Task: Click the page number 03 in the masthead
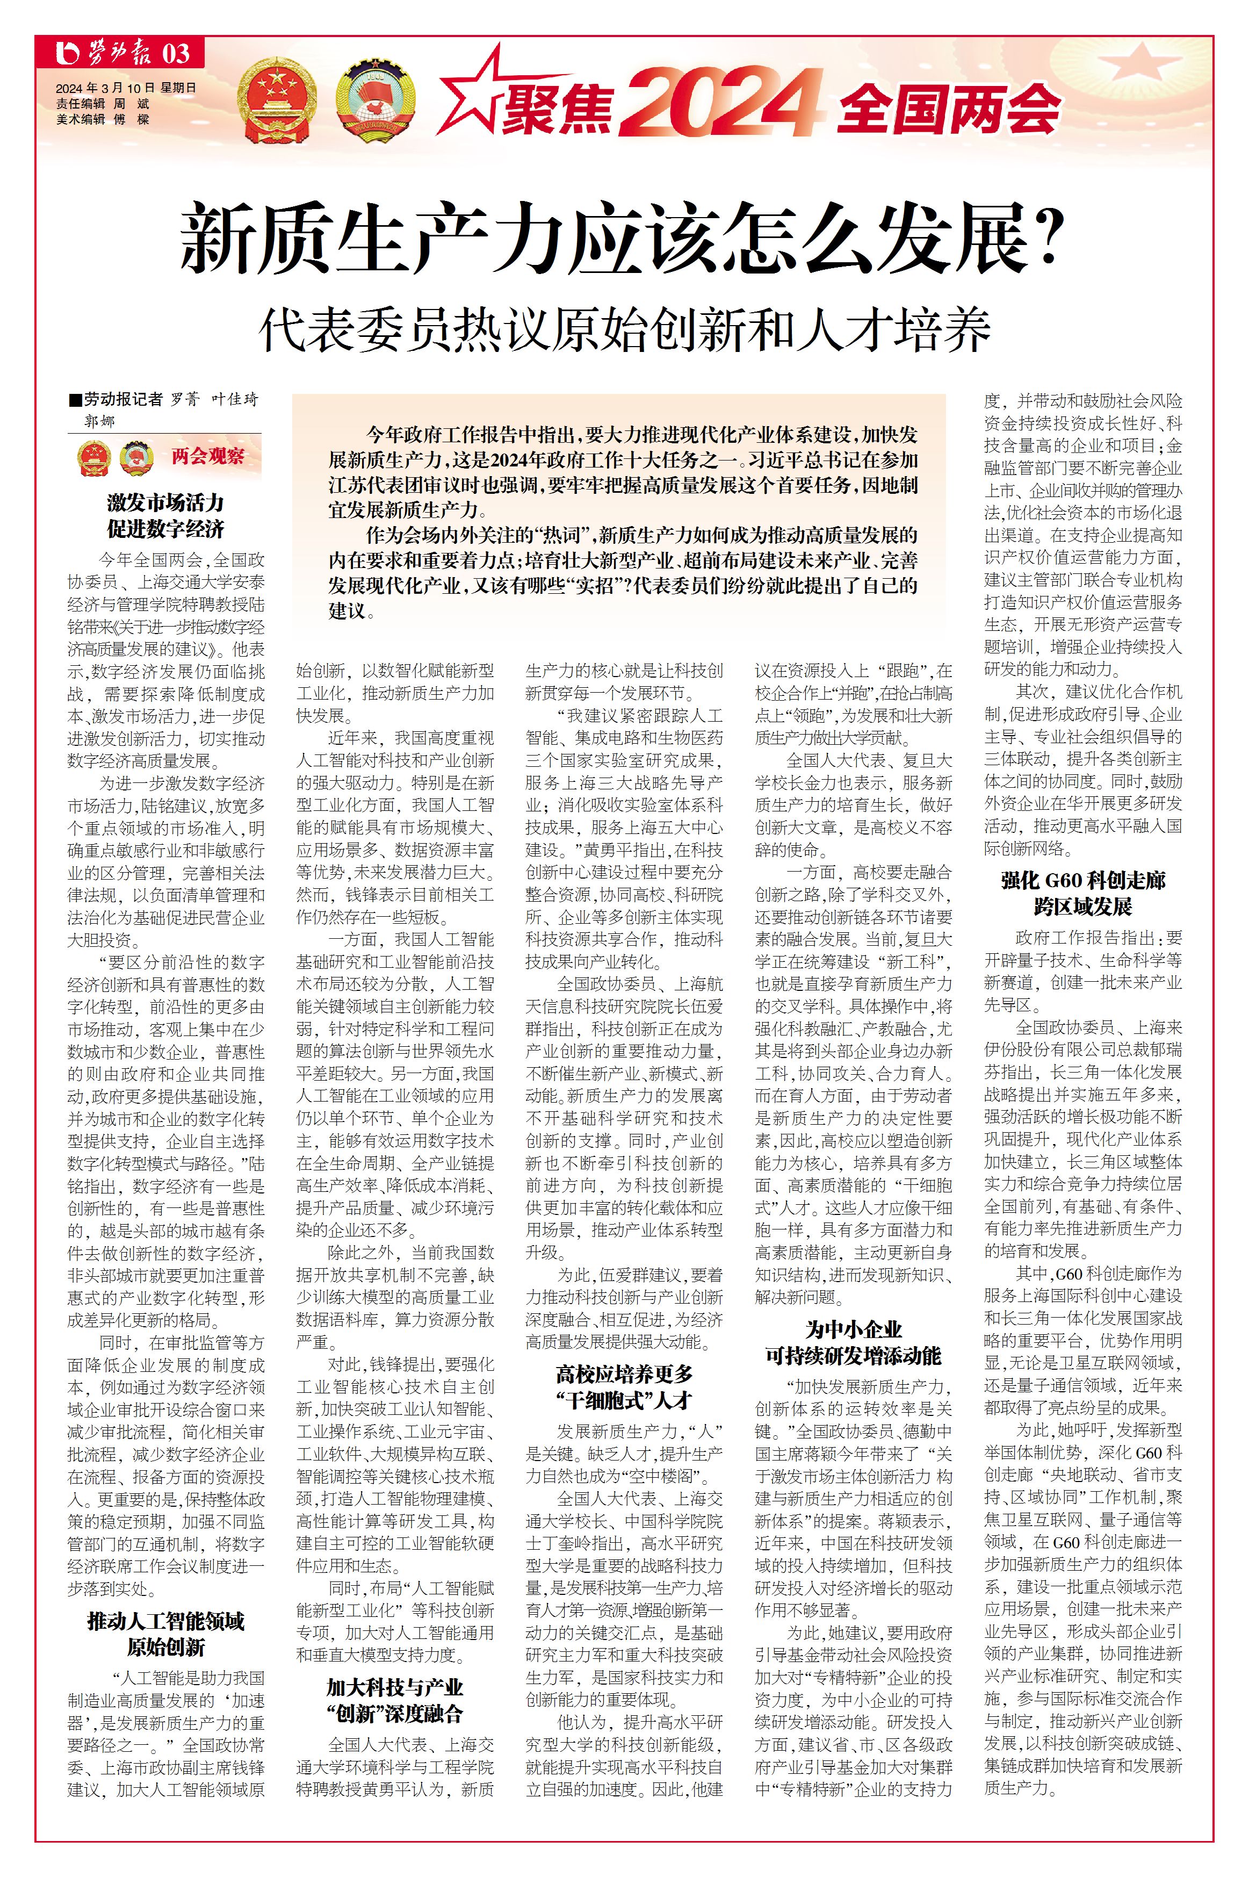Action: click(176, 54)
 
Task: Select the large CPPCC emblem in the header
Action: click(373, 101)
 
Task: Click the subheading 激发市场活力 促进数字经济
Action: click(165, 515)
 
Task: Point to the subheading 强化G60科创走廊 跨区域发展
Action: click(1084, 893)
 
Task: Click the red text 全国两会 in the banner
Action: click(949, 107)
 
